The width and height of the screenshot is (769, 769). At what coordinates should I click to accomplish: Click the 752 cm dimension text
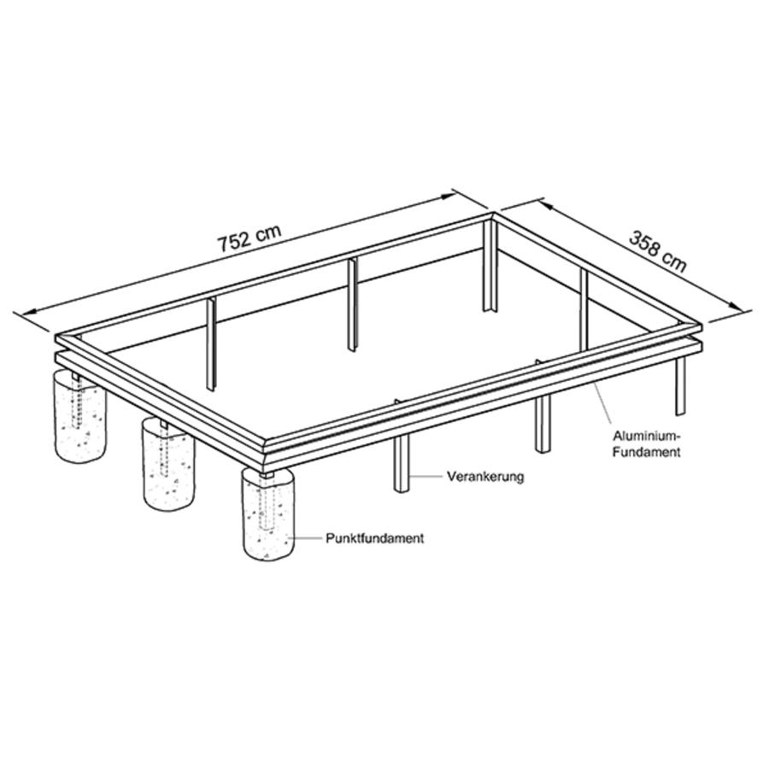click(x=250, y=238)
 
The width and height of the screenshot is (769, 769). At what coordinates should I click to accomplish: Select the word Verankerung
click(x=485, y=476)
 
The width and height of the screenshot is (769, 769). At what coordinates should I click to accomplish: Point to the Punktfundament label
click(x=375, y=538)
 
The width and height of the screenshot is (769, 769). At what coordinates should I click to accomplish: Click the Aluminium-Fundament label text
click(x=647, y=444)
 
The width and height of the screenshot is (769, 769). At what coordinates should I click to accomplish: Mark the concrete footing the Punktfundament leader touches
click(x=267, y=515)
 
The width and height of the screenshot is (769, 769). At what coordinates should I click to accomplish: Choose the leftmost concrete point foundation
click(x=80, y=415)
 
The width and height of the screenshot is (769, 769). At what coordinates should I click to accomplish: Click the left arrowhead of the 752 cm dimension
click(x=22, y=314)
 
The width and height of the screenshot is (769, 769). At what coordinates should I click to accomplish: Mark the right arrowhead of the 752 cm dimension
click(x=447, y=197)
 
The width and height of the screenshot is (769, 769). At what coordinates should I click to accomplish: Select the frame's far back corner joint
click(x=493, y=216)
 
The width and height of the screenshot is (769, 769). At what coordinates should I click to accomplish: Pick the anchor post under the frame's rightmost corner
click(x=680, y=386)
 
